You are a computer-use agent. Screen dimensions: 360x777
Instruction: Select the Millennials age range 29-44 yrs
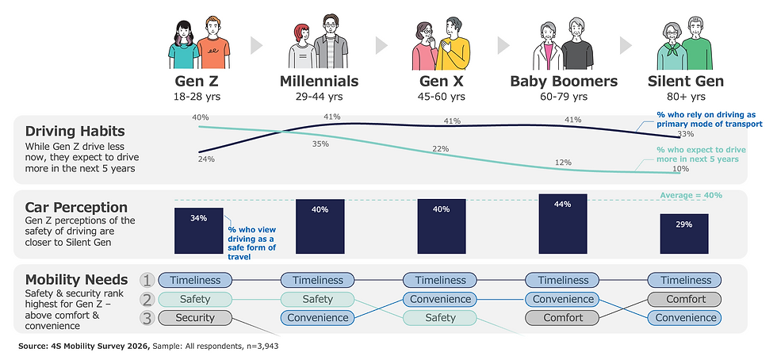coord(319,97)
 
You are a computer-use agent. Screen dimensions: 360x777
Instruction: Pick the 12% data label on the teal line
coord(563,163)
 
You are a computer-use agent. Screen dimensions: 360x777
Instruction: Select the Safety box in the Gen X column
coord(440,318)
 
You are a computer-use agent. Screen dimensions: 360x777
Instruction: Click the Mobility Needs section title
coord(76,279)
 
